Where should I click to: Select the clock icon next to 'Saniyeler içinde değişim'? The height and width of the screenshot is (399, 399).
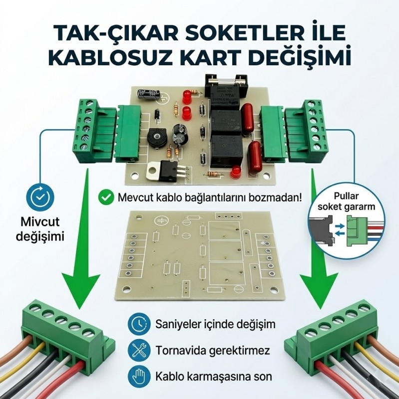(138, 325)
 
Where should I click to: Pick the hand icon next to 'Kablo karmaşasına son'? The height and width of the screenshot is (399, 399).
(138, 376)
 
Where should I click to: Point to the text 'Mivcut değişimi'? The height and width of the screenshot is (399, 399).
(42, 228)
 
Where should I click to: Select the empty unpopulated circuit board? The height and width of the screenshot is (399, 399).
(200, 254)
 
